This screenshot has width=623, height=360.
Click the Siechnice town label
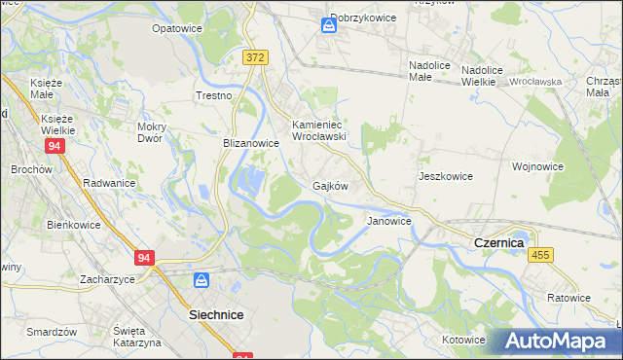(x=215, y=315)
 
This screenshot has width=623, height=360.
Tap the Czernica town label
(x=498, y=241)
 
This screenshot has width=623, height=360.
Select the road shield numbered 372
(x=254, y=58)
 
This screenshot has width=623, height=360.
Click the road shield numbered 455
(x=541, y=254)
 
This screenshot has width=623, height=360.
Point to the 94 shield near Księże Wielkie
(x=55, y=145)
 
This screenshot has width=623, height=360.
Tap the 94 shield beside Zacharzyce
(x=145, y=258)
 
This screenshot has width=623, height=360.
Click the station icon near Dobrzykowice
(x=329, y=26)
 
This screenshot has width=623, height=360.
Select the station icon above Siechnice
(x=202, y=280)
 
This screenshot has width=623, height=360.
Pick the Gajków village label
(x=330, y=185)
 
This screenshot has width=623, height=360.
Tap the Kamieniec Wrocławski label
(x=319, y=131)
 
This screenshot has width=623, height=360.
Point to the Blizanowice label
(x=251, y=142)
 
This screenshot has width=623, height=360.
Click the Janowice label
(x=388, y=221)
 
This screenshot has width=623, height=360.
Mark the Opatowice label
(x=176, y=28)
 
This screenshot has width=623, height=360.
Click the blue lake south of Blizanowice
(x=251, y=180)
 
